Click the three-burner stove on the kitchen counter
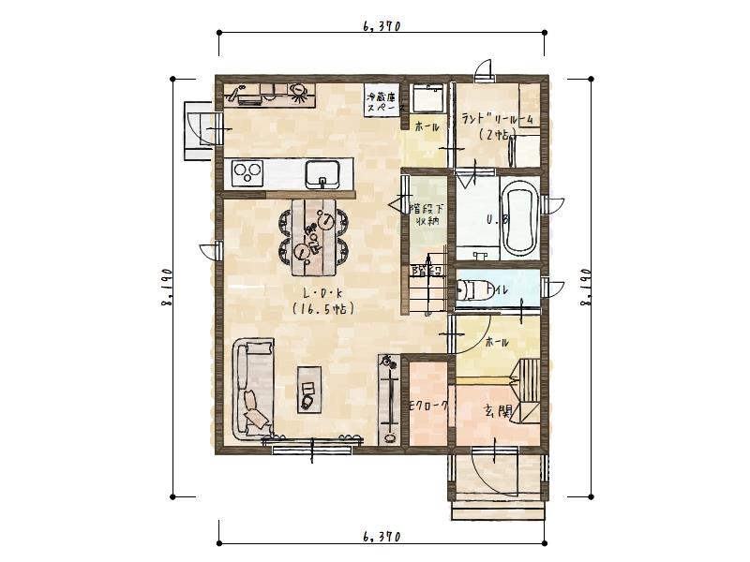[248, 173]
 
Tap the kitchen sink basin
[322, 173]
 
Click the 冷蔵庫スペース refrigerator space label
[382, 101]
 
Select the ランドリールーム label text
[497, 119]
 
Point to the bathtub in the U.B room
[518, 223]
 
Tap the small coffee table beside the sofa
[308, 388]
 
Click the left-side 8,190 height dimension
[167, 288]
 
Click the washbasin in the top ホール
[429, 98]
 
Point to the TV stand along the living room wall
[387, 398]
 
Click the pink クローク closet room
[428, 404]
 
